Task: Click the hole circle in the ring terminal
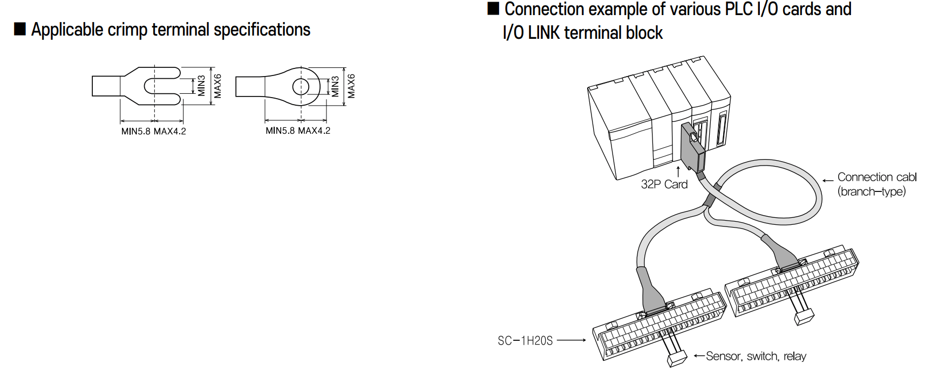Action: (301, 86)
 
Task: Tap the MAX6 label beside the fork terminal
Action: (217, 86)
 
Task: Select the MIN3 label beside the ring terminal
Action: (335, 86)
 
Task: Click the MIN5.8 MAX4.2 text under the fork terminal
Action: (153, 131)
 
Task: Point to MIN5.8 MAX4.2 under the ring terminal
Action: (298, 130)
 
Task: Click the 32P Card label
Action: (664, 184)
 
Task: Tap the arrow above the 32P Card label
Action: (678, 171)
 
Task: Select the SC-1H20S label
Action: (525, 341)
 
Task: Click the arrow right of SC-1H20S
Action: (572, 340)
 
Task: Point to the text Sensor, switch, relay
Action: (756, 356)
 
